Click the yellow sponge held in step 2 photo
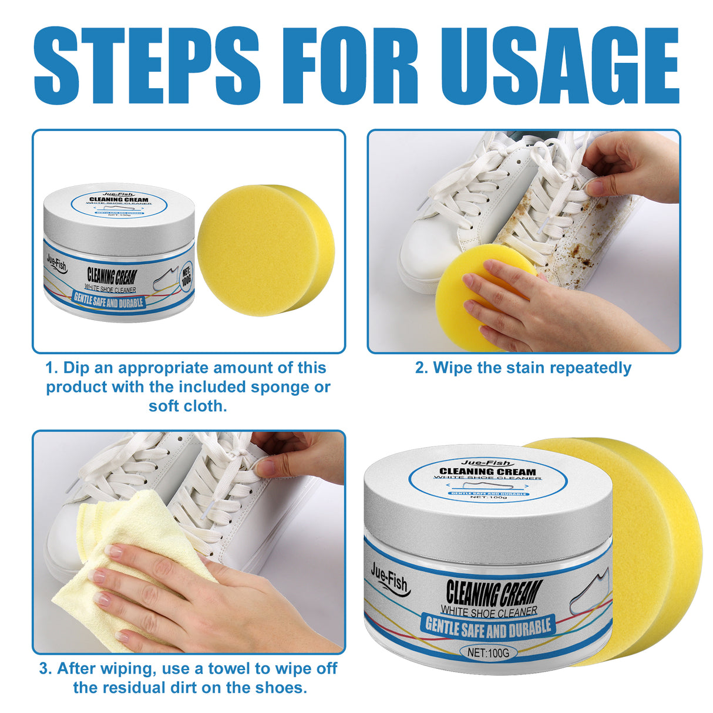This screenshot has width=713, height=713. (x=464, y=294)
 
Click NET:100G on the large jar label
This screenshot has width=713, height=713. (x=488, y=653)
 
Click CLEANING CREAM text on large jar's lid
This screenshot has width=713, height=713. (x=487, y=472)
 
